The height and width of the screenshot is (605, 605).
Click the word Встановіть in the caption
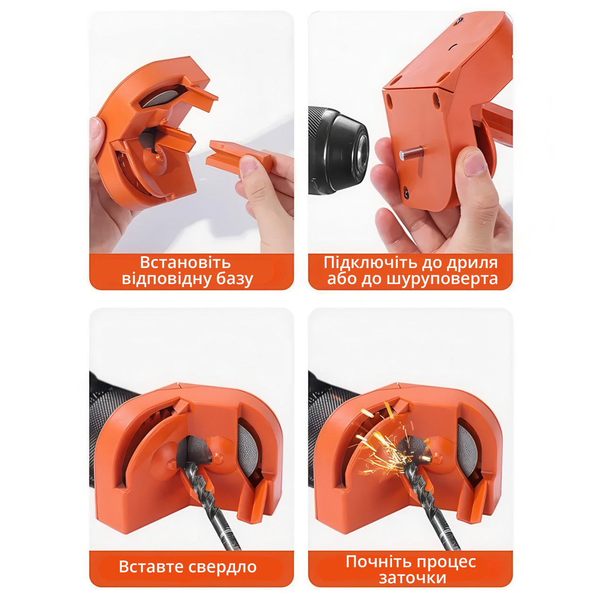[185, 262]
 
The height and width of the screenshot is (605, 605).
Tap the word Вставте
[151, 567]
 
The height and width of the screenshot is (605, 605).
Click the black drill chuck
[338, 150]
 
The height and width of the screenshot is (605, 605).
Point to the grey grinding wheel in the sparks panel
[467, 449]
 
